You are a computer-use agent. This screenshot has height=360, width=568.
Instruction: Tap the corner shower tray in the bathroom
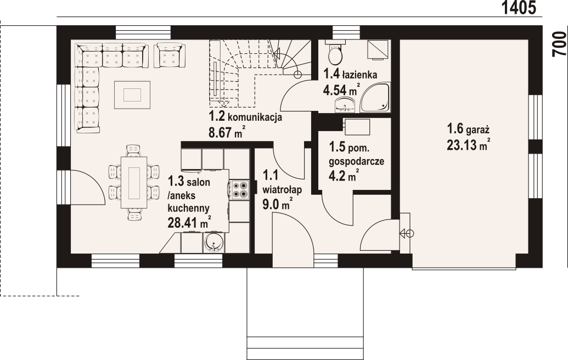tap(375, 97)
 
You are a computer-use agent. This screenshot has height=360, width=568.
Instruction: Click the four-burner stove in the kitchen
tap(239, 189)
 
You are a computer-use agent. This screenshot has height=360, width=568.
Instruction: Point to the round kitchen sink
tap(214, 241)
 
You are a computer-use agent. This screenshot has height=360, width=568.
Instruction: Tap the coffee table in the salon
tap(132, 95)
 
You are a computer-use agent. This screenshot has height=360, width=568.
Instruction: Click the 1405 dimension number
tap(519, 8)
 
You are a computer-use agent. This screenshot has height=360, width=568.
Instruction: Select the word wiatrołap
tap(282, 190)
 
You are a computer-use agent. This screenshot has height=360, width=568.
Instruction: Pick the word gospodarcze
tap(357, 161)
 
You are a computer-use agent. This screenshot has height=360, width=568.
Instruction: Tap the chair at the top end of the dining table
tap(133, 150)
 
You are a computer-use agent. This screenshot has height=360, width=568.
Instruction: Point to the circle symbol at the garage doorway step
tap(410, 234)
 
